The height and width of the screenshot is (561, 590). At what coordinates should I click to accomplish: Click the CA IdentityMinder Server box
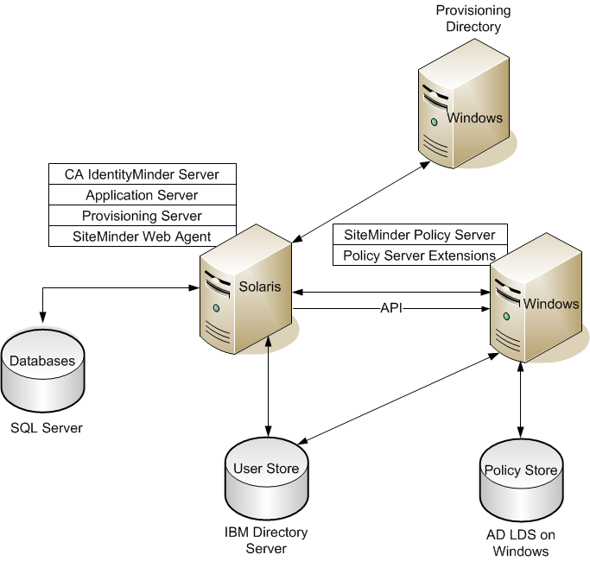[142, 174]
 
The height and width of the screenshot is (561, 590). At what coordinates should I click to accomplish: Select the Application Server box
[142, 195]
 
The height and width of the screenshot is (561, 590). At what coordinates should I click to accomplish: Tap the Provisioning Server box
[142, 216]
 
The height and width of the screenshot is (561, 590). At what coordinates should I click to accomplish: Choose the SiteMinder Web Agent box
[142, 236]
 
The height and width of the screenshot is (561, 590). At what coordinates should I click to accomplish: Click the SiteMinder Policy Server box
[420, 235]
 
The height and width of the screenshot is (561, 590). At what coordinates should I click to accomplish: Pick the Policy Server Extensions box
[420, 255]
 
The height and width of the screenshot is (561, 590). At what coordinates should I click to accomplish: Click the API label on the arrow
[391, 308]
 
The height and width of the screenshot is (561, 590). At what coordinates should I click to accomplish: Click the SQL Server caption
[47, 427]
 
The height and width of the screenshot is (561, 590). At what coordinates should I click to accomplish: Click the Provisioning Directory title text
[473, 18]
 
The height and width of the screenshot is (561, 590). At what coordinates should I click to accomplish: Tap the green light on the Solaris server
[216, 308]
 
